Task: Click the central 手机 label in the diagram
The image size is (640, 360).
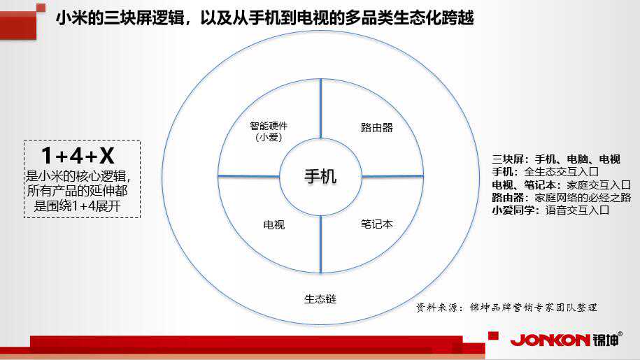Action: [x=320, y=177]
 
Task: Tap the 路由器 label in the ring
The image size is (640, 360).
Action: [x=376, y=128]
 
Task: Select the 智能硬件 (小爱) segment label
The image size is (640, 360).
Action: [x=269, y=131]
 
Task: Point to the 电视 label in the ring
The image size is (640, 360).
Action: [x=274, y=224]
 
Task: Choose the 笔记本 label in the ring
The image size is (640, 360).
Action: [x=376, y=224]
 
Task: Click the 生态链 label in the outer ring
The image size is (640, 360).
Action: [x=320, y=299]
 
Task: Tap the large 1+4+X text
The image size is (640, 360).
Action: [x=78, y=156]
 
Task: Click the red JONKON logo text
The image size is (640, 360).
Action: [x=550, y=340]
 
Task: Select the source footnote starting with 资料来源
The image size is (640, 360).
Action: [x=506, y=308]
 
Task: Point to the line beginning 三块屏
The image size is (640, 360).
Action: [x=556, y=159]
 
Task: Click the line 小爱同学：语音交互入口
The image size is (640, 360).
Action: [x=550, y=210]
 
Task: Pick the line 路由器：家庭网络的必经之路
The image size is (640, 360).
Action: [x=561, y=198]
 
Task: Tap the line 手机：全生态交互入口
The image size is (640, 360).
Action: [x=546, y=172]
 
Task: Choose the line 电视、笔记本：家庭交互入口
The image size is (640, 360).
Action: [x=561, y=185]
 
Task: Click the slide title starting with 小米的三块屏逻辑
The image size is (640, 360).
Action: [x=264, y=18]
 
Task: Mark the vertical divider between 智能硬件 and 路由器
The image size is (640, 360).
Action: [x=321, y=109]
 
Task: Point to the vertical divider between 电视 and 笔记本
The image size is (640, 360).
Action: [x=321, y=244]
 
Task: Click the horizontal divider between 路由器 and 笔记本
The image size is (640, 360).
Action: [x=392, y=177]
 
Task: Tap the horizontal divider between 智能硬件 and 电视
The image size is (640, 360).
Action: [x=248, y=176]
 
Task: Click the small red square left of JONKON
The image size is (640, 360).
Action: [x=494, y=336]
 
